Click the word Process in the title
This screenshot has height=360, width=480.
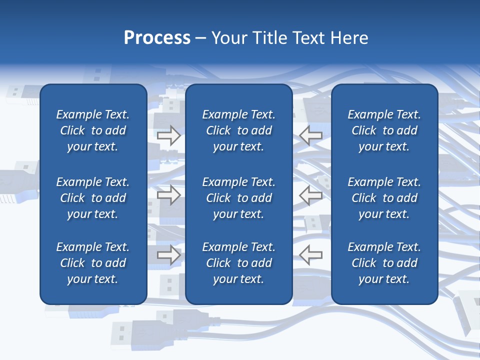(157, 38)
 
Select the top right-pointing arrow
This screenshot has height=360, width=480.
(168, 135)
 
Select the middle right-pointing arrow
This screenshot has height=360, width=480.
(168, 195)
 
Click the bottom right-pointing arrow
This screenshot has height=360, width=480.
(168, 255)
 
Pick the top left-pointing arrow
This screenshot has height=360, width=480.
(310, 135)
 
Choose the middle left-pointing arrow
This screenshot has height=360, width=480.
(310, 195)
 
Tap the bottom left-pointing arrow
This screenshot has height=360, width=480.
(310, 255)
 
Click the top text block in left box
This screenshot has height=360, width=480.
(93, 130)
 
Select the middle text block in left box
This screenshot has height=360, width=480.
(93, 198)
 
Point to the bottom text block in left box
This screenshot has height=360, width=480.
(93, 263)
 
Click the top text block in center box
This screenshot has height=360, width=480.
(238, 130)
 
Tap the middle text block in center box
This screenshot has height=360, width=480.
(238, 198)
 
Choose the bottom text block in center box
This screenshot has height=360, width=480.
(238, 263)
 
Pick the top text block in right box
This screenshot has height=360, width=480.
(384, 130)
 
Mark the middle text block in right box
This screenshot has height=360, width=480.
(384, 198)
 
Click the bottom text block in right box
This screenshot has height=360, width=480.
(384, 263)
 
